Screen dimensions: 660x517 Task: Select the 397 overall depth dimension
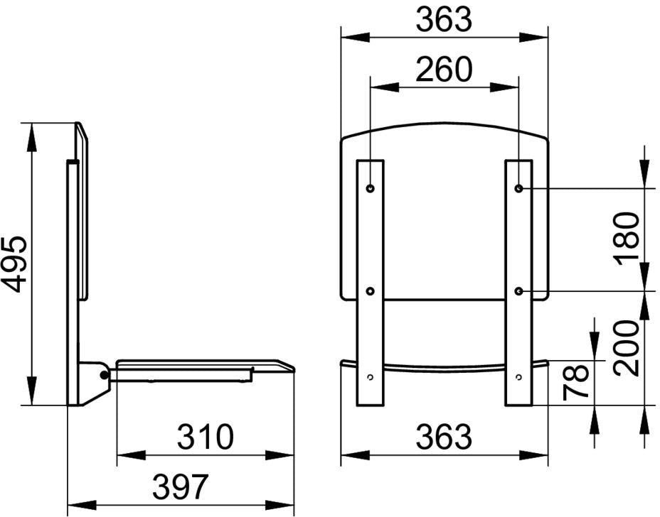click(180, 486)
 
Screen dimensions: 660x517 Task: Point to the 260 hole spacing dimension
click(444, 69)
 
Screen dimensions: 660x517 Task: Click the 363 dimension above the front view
click(444, 19)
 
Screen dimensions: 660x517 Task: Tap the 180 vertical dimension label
click(627, 239)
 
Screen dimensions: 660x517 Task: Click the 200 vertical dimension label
click(627, 347)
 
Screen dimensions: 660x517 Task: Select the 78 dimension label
click(576, 381)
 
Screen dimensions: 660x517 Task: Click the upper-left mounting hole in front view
click(371, 188)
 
